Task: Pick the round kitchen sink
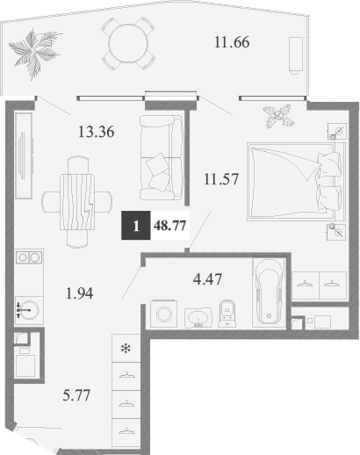(x=27, y=309)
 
